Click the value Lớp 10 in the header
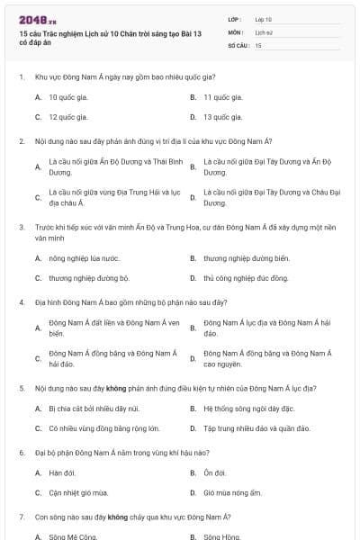(x=263, y=19)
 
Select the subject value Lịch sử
(x=262, y=31)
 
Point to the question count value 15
(x=258, y=44)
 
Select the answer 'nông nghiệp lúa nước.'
(x=84, y=258)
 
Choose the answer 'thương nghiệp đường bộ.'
(x=89, y=278)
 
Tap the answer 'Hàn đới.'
(x=62, y=472)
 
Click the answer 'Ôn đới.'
(x=215, y=472)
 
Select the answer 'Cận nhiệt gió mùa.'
(x=78, y=493)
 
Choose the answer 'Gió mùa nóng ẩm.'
(x=232, y=493)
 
